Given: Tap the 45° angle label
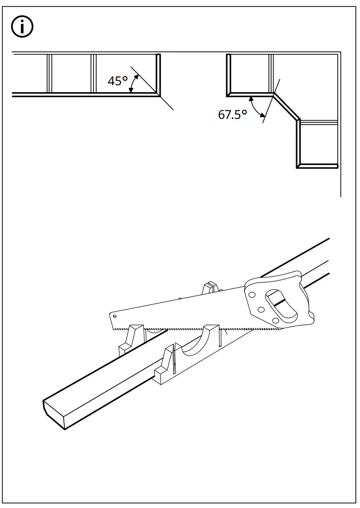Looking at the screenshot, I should (117, 81).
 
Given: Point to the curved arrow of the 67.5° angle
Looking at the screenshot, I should (255, 107).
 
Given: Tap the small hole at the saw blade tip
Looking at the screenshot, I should (115, 316).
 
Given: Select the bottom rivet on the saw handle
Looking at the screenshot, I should (276, 320).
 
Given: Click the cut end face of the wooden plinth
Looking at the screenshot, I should (54, 414).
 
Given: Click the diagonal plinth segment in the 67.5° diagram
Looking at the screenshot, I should (286, 107).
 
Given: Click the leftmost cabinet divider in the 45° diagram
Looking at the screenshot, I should (49, 73).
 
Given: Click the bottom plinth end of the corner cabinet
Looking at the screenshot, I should (317, 166).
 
